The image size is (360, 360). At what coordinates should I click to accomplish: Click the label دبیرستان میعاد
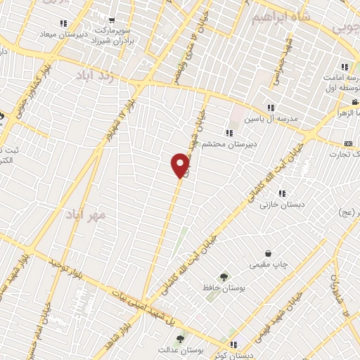click(x=62, y=34)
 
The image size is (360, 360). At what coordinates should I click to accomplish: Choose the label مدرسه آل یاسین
click(x=271, y=119)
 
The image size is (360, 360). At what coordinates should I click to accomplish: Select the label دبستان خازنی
click(x=274, y=205)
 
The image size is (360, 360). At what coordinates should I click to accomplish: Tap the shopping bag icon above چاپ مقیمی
click(x=268, y=254)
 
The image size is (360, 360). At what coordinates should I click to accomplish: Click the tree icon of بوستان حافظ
click(x=224, y=276)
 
